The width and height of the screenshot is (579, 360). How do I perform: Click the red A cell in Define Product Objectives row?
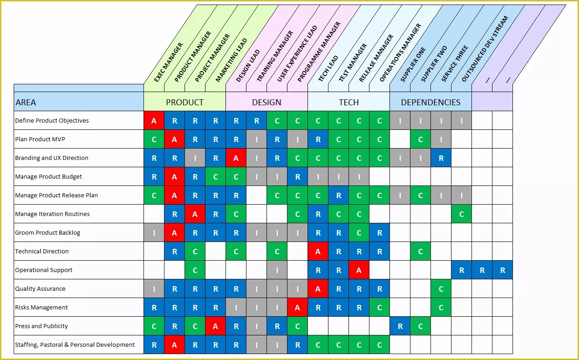pyautogui.click(x=154, y=121)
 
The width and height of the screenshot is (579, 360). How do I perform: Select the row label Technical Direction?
pyautogui.click(x=42, y=251)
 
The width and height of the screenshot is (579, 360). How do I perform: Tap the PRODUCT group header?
pyautogui.click(x=184, y=102)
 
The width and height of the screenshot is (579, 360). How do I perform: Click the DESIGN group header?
pyautogui.click(x=266, y=102)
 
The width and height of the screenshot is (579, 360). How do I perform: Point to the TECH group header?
pyautogui.click(x=348, y=102)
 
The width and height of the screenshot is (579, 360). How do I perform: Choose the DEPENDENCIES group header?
pyautogui.click(x=430, y=102)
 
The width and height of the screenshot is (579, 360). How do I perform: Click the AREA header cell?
pyautogui.click(x=79, y=102)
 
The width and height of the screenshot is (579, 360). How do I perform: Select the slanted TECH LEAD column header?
pyautogui.click(x=328, y=68)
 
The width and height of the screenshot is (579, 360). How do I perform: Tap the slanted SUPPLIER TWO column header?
pyautogui.click(x=434, y=64)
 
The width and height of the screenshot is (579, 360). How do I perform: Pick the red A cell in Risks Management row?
pyautogui.click(x=297, y=308)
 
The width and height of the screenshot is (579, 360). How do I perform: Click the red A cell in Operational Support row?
pyautogui.click(x=359, y=270)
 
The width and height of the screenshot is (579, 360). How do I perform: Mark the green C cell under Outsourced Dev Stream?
pyautogui.click(x=461, y=214)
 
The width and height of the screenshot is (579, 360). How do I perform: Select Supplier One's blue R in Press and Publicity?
pyautogui.click(x=400, y=326)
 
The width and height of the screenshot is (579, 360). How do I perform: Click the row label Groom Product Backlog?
pyautogui.click(x=47, y=232)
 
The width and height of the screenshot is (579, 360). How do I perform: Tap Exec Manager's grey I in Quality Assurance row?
pyautogui.click(x=154, y=289)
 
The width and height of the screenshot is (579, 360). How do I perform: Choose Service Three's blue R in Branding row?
pyautogui.click(x=441, y=158)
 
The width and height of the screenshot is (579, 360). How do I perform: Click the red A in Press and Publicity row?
pyautogui.click(x=215, y=326)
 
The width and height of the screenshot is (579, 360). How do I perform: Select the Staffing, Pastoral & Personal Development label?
pyautogui.click(x=75, y=345)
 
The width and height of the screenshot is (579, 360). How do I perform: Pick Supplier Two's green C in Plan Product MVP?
pyautogui.click(x=420, y=139)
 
